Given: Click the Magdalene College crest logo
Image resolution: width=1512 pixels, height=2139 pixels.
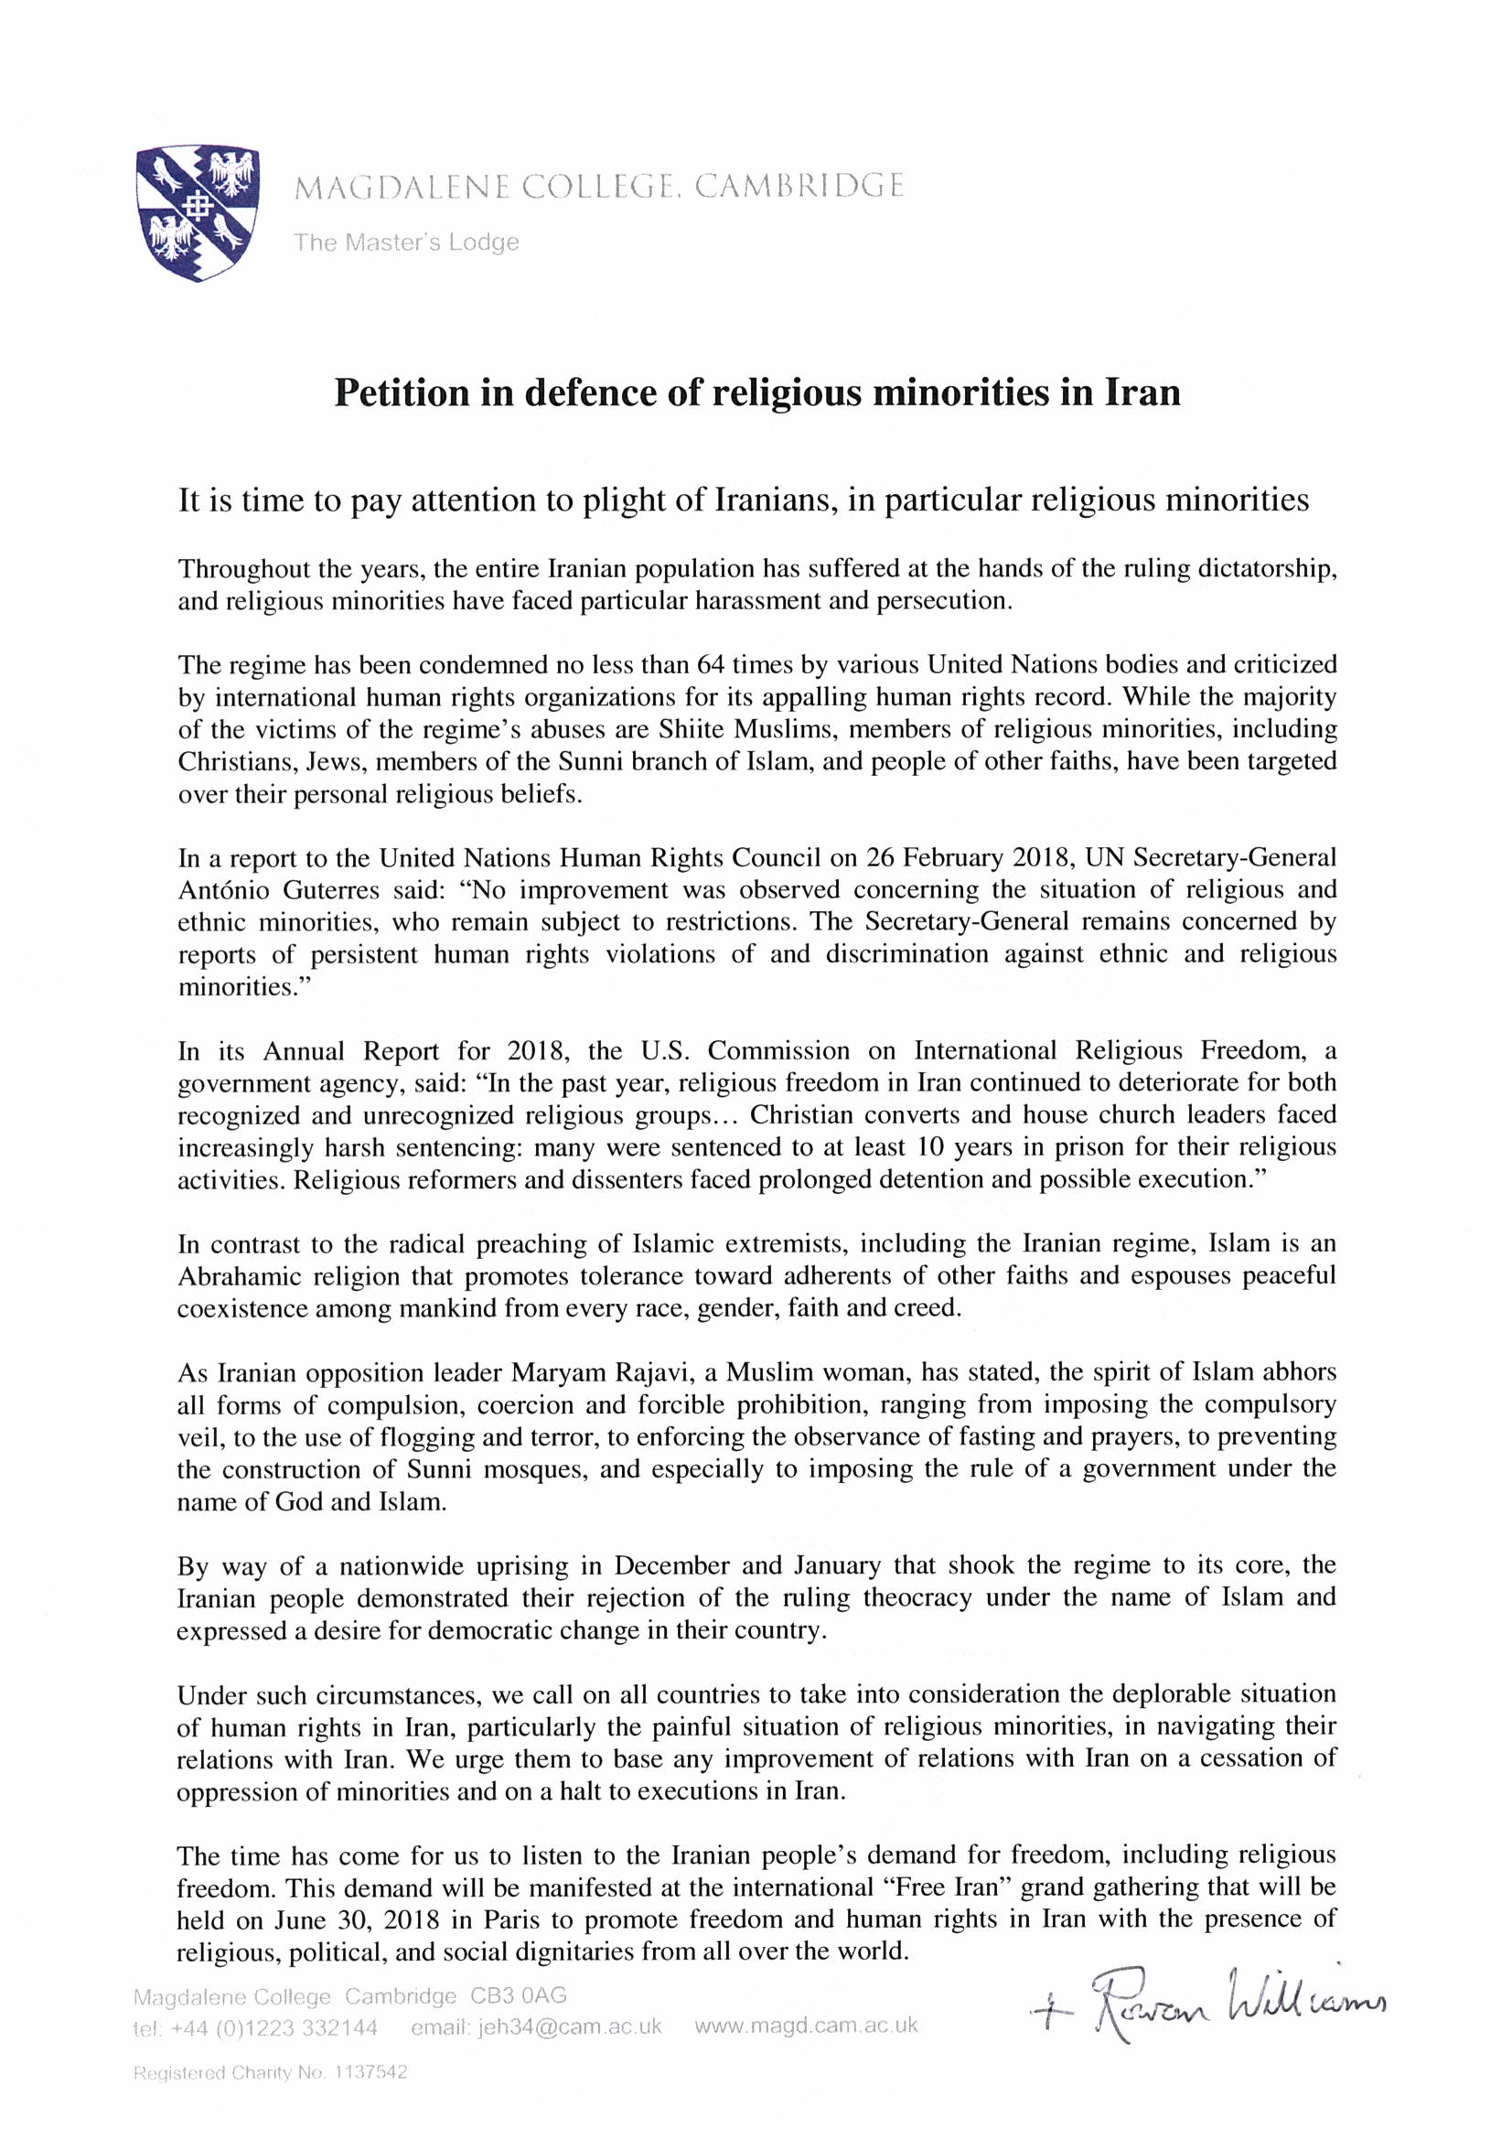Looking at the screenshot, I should point(198,211).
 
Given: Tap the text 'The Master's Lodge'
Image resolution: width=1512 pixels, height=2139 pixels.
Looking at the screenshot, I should point(406,242).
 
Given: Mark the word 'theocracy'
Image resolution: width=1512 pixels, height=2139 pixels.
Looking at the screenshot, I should point(917,1597).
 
